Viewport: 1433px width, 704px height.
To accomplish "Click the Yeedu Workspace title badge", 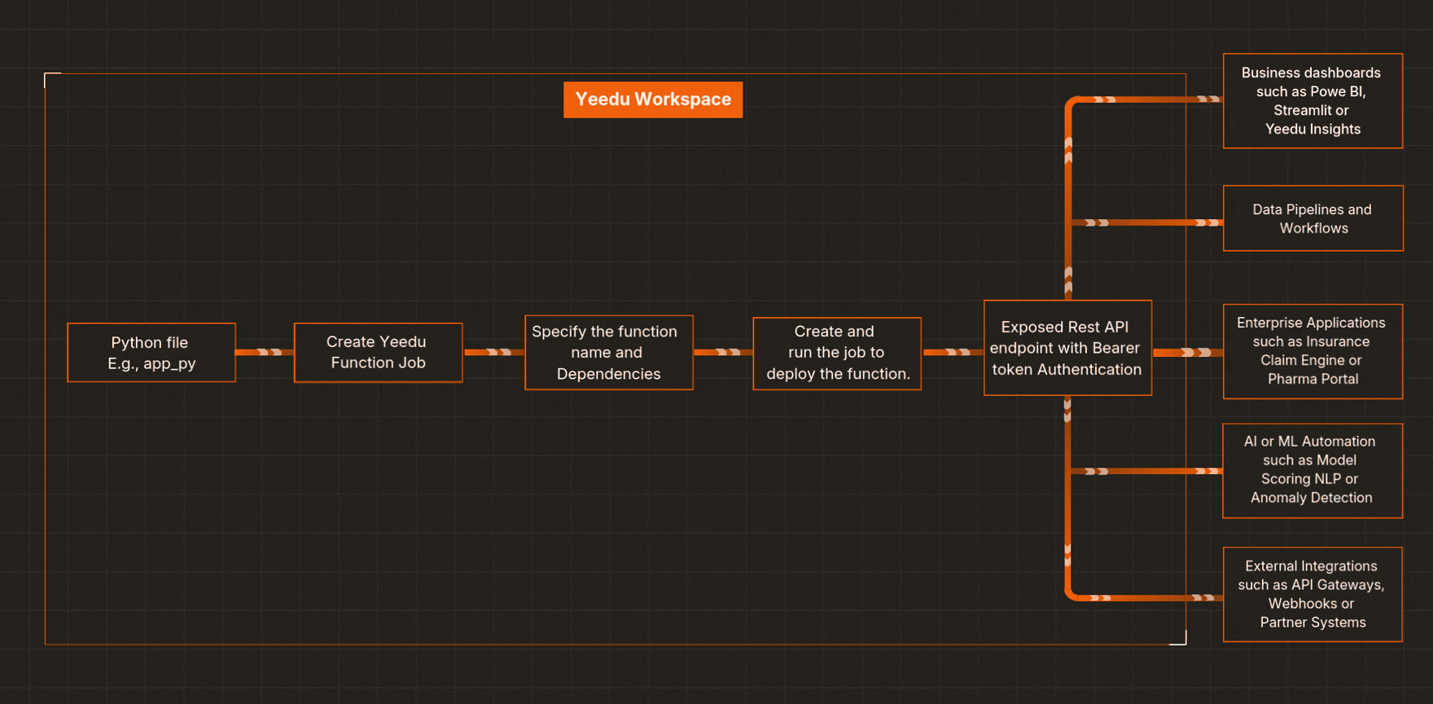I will (x=653, y=99).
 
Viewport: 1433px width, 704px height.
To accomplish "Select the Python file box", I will (x=151, y=353).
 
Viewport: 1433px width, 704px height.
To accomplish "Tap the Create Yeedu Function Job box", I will (x=378, y=353).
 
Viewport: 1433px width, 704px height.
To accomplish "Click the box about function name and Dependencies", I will (x=608, y=353).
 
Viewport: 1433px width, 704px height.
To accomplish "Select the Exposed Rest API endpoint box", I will (x=1067, y=348).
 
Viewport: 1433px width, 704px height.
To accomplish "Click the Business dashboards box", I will (x=1312, y=101).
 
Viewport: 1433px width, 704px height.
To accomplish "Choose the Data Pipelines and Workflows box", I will (x=1312, y=218).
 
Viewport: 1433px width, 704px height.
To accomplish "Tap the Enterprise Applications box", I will (x=1312, y=351).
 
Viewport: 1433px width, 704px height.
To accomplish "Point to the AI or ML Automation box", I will (x=1312, y=470).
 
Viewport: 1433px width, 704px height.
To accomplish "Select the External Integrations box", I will (x=1312, y=594).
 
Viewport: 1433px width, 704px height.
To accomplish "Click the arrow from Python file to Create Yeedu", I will (x=265, y=352).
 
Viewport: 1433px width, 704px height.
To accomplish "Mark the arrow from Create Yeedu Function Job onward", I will (x=493, y=352).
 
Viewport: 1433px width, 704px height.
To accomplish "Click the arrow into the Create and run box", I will (x=723, y=352).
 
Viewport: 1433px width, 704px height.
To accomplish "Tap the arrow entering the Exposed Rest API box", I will (x=953, y=352).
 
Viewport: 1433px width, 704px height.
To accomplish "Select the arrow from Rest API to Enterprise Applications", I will (x=1187, y=352).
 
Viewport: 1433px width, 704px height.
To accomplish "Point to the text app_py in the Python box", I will (x=169, y=364).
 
